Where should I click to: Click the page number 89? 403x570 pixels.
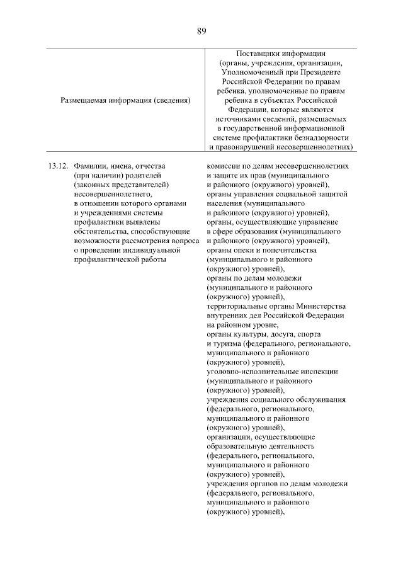click(x=201, y=30)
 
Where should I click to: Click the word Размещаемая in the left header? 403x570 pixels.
click(x=84, y=100)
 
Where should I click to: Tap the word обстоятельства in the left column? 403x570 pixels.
click(x=100, y=232)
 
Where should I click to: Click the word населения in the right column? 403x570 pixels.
click(x=225, y=203)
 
